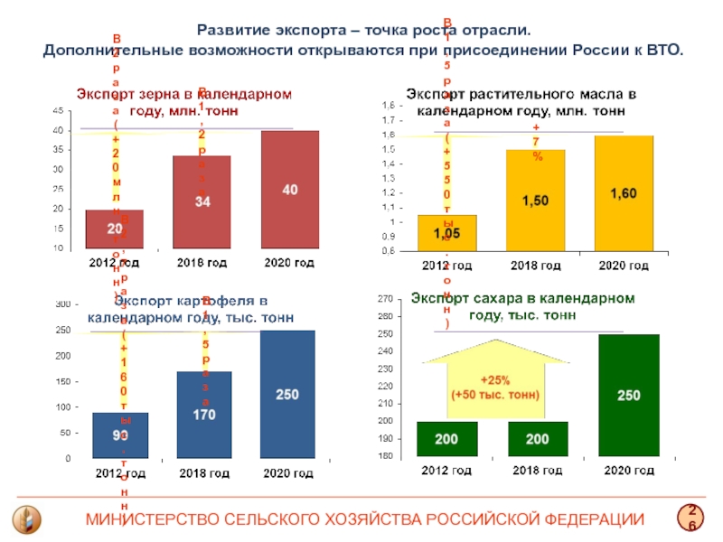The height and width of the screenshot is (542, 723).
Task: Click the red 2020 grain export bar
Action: coord(289,189)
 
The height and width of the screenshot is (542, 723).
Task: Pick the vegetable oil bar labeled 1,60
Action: coord(623,193)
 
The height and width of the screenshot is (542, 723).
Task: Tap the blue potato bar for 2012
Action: coord(120,435)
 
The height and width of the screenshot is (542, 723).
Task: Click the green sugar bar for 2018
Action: coord(538,439)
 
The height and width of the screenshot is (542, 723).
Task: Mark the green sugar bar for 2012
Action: coord(446,439)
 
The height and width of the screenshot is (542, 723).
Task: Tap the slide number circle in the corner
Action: coord(693,518)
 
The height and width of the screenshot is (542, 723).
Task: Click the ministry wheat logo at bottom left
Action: coord(26,519)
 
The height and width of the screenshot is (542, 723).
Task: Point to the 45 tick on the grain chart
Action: coord(58,111)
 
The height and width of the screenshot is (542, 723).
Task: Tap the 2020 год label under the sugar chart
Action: coord(629,471)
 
